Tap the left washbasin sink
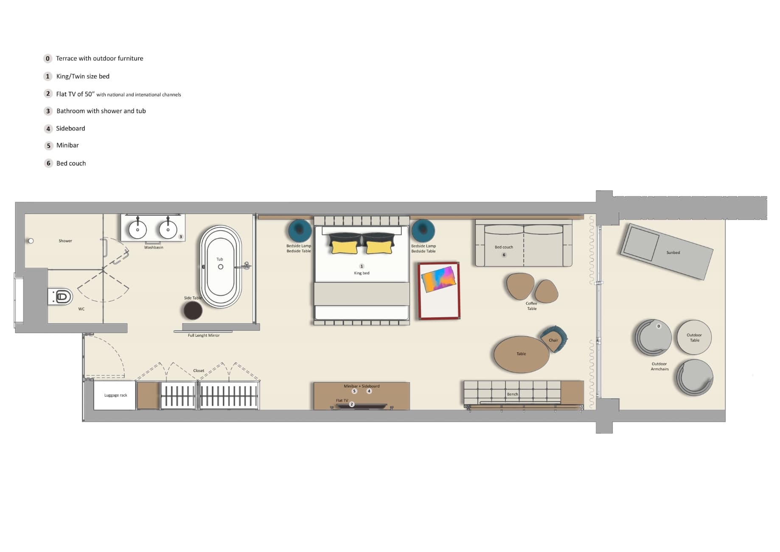tap(137, 229)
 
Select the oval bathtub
tap(220, 267)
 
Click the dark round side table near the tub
tap(193, 311)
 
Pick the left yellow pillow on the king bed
tap(344, 247)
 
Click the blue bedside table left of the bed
tap(300, 231)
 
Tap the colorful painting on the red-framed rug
tap(438, 279)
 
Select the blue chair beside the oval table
tap(555, 338)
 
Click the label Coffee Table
tap(531, 306)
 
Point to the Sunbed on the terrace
tap(666, 251)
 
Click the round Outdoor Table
tap(694, 337)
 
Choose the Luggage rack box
tap(115, 395)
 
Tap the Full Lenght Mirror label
tap(204, 335)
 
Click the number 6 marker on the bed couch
tap(504, 255)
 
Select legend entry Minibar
tap(67, 145)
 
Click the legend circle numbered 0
tap(48, 59)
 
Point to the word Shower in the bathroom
tap(65, 241)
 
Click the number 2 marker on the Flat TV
tap(351, 404)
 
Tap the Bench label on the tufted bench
tap(512, 394)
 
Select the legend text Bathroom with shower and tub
tap(101, 111)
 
